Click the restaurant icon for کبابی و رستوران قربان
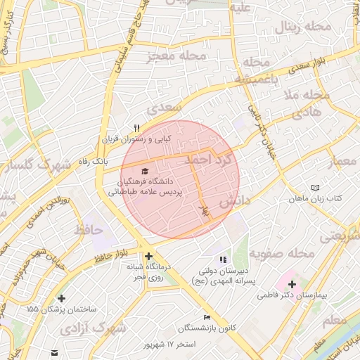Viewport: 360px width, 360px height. pos(137,128)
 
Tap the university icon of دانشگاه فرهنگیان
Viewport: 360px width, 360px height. pos(145,171)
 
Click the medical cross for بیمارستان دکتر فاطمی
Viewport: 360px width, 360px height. pos(292,284)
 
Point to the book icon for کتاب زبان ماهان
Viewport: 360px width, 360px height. pos(315,188)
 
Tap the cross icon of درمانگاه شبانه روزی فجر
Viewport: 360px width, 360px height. pos(148,256)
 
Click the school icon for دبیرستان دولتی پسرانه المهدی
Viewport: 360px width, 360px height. pos(224,260)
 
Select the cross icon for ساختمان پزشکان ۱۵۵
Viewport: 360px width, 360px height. pos(63,298)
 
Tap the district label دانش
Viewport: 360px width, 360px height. pos(234,202)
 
